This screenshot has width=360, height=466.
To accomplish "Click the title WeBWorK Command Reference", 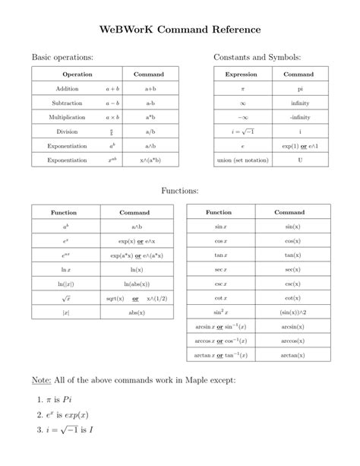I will tap(179, 29).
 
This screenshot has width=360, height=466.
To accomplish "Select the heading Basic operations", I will tap(62, 58).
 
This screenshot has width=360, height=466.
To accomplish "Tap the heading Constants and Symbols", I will tap(257, 58).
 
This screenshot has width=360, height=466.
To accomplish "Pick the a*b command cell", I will tap(150, 117).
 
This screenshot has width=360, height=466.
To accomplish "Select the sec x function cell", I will tap(219, 269).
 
